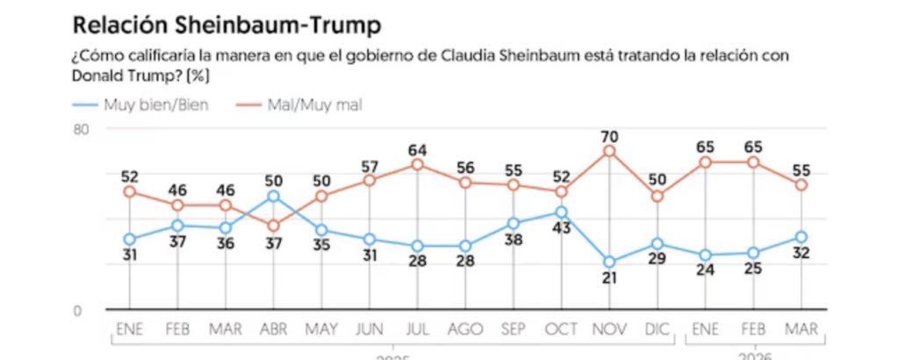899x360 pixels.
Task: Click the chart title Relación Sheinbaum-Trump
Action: coord(227,25)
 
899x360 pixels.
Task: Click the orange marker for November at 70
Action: coord(609,151)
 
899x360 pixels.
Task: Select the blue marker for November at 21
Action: coord(609,262)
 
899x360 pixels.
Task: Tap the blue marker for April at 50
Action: coord(273,197)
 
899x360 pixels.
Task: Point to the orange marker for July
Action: coord(417,164)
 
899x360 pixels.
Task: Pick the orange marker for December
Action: coord(657,196)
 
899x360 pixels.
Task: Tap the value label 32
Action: coord(801,254)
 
